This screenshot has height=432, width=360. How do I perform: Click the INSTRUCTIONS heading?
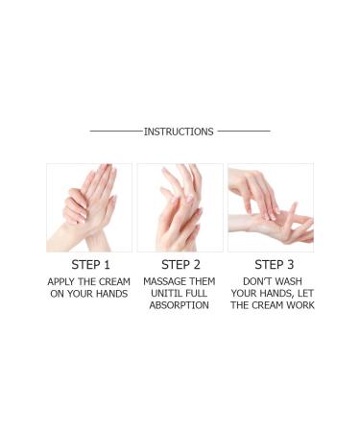point(179,132)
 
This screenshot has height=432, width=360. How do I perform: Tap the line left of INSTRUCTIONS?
point(115,132)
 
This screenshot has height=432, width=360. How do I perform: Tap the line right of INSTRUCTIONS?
point(243,132)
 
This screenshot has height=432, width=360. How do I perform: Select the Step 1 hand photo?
point(89,207)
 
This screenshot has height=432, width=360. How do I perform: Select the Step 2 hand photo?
point(180,207)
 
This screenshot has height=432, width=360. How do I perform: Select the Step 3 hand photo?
point(270,207)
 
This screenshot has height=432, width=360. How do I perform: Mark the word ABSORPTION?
point(180,306)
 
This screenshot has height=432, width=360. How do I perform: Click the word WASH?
point(293,281)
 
